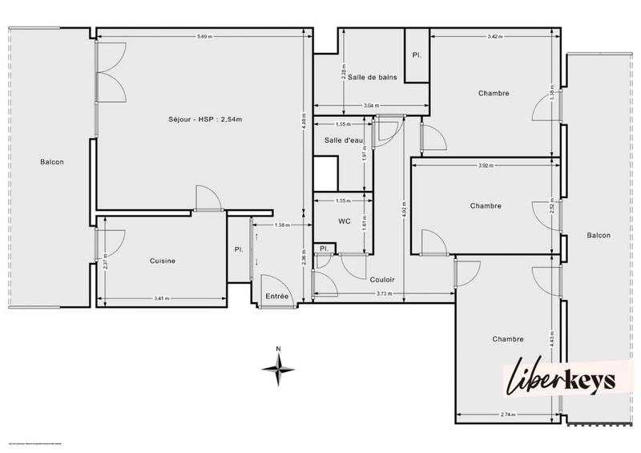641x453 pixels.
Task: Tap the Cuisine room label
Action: tap(163, 261)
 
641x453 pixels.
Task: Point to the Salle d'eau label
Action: tap(344, 140)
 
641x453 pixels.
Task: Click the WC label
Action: tap(345, 220)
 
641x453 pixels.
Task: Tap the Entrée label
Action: tap(276, 297)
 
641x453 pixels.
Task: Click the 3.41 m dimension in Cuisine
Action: tap(161, 300)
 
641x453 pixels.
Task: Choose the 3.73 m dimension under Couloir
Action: tap(385, 294)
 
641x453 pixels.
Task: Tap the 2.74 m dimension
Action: tap(506, 414)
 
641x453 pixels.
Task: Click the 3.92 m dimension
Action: tap(486, 166)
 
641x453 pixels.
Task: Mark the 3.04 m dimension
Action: tap(371, 106)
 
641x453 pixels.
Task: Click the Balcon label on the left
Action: tap(52, 162)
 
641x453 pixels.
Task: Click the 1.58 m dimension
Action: tap(281, 225)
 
